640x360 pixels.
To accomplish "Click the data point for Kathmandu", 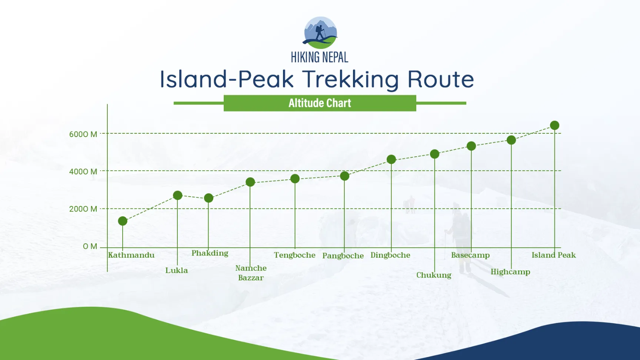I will (x=123, y=221).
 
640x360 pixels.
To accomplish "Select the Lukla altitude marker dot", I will (x=178, y=195).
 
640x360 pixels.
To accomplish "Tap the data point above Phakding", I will (x=209, y=198).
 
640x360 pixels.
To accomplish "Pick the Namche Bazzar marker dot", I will (x=250, y=182).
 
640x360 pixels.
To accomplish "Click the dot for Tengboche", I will (x=295, y=179).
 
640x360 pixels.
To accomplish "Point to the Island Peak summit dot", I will (x=554, y=126).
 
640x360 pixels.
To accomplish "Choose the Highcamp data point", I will (x=511, y=140).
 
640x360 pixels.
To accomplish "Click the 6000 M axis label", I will (x=83, y=134).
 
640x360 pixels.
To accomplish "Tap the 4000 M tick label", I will (x=83, y=171).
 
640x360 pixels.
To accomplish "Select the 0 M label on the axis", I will (x=90, y=246).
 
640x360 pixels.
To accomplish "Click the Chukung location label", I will (x=434, y=275).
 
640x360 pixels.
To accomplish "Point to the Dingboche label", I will (x=390, y=255).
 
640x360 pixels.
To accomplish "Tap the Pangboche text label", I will (x=343, y=256).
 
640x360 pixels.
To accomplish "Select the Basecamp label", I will (x=470, y=255).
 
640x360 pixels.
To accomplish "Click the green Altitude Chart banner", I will (x=320, y=103).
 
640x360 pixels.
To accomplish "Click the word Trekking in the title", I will (x=350, y=79).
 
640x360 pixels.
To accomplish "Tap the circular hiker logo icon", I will (x=320, y=33).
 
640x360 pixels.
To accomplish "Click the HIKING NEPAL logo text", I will (x=320, y=57).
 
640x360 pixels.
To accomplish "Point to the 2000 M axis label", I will (x=83, y=209).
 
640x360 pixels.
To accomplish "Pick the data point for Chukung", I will (x=434, y=154).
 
